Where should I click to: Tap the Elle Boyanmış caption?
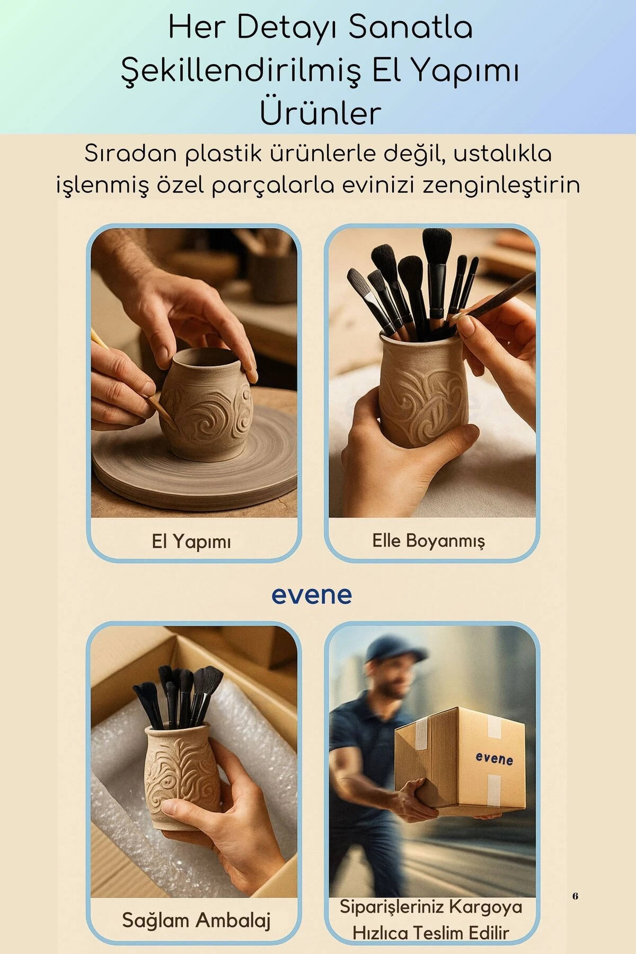(x=428, y=541)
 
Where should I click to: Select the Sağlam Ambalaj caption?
(x=196, y=920)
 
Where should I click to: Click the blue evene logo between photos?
(x=312, y=595)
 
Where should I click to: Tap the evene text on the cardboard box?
(x=494, y=759)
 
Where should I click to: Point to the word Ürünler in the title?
(x=320, y=114)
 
